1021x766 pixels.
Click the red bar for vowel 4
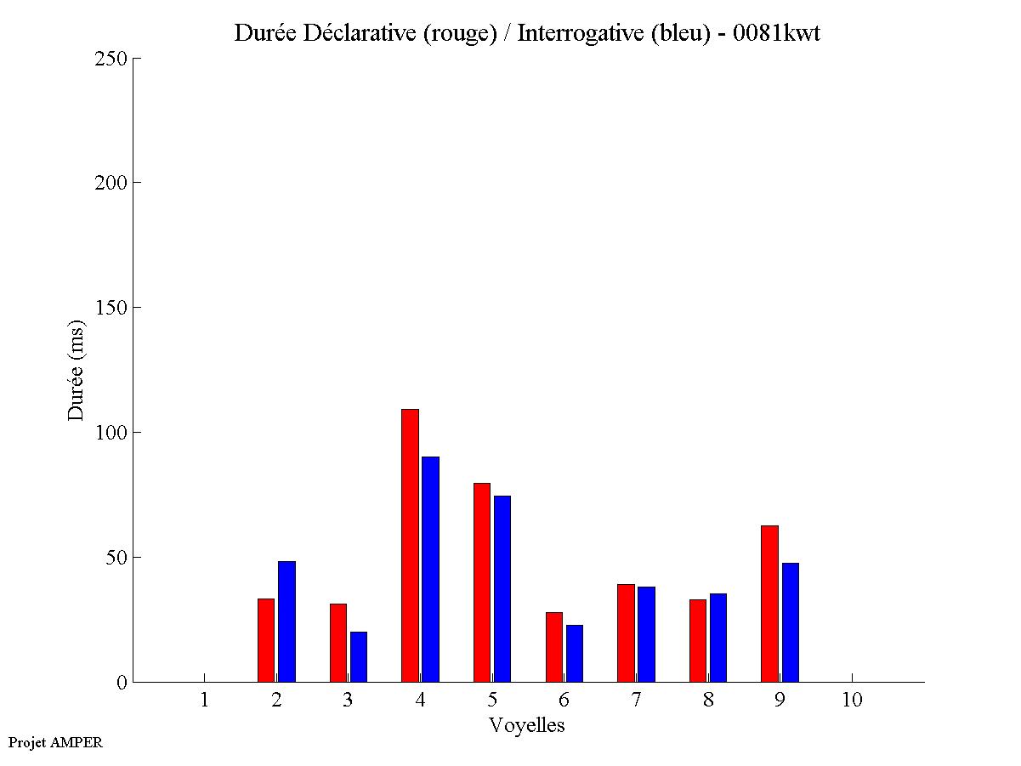click(x=410, y=545)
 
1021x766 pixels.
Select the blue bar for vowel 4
click(x=430, y=569)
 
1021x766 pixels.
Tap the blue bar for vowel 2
click(x=286, y=621)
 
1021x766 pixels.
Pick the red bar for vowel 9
click(x=769, y=604)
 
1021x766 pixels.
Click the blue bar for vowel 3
click(x=358, y=656)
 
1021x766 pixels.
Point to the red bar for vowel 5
click(x=482, y=582)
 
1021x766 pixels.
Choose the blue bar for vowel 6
click(x=575, y=653)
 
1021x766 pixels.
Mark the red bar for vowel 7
click(x=626, y=633)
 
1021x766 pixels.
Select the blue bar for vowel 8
click(x=718, y=638)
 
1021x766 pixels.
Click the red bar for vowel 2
click(x=266, y=640)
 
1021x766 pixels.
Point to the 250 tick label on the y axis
click(x=111, y=59)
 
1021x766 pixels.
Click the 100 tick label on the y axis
click(x=111, y=433)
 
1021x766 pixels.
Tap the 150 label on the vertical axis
click(x=111, y=308)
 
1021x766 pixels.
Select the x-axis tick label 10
click(x=852, y=700)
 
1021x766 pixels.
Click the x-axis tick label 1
click(x=204, y=700)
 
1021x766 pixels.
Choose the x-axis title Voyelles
click(x=527, y=725)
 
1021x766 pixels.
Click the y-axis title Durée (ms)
click(x=77, y=370)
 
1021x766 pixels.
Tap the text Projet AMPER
click(x=55, y=742)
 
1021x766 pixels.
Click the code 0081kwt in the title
click(x=775, y=33)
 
